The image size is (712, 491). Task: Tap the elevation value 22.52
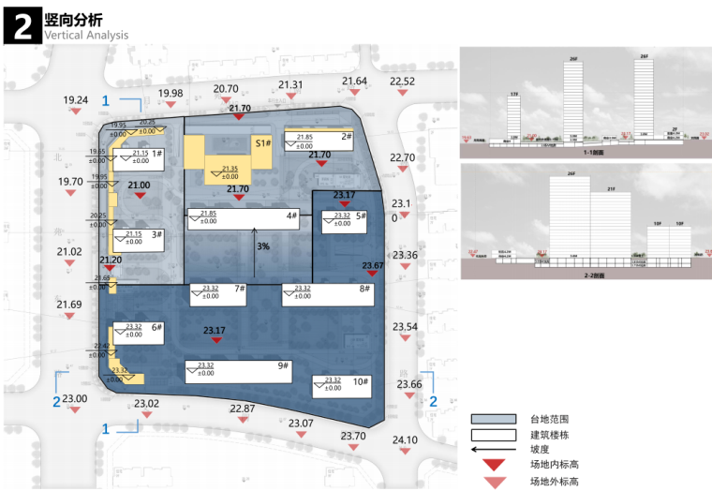point(403,82)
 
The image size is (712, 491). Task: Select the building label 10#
point(361,382)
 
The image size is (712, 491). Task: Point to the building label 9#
point(281,365)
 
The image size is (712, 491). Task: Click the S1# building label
point(263,144)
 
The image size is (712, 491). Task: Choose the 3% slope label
point(264,246)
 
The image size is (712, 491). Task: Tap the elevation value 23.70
point(353,437)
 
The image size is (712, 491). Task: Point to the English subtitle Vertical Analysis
point(85,36)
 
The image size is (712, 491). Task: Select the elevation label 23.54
point(405,327)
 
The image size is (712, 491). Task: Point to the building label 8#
point(363,290)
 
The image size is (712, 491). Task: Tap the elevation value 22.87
point(243,409)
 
